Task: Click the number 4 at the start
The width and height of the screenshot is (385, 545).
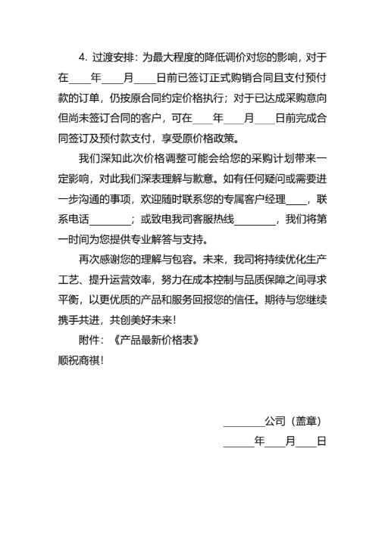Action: click(81, 57)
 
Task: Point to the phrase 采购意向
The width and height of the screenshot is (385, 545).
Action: click(301, 98)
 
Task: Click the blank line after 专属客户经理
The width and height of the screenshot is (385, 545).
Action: click(297, 200)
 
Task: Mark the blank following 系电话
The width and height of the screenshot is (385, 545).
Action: click(109, 220)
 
